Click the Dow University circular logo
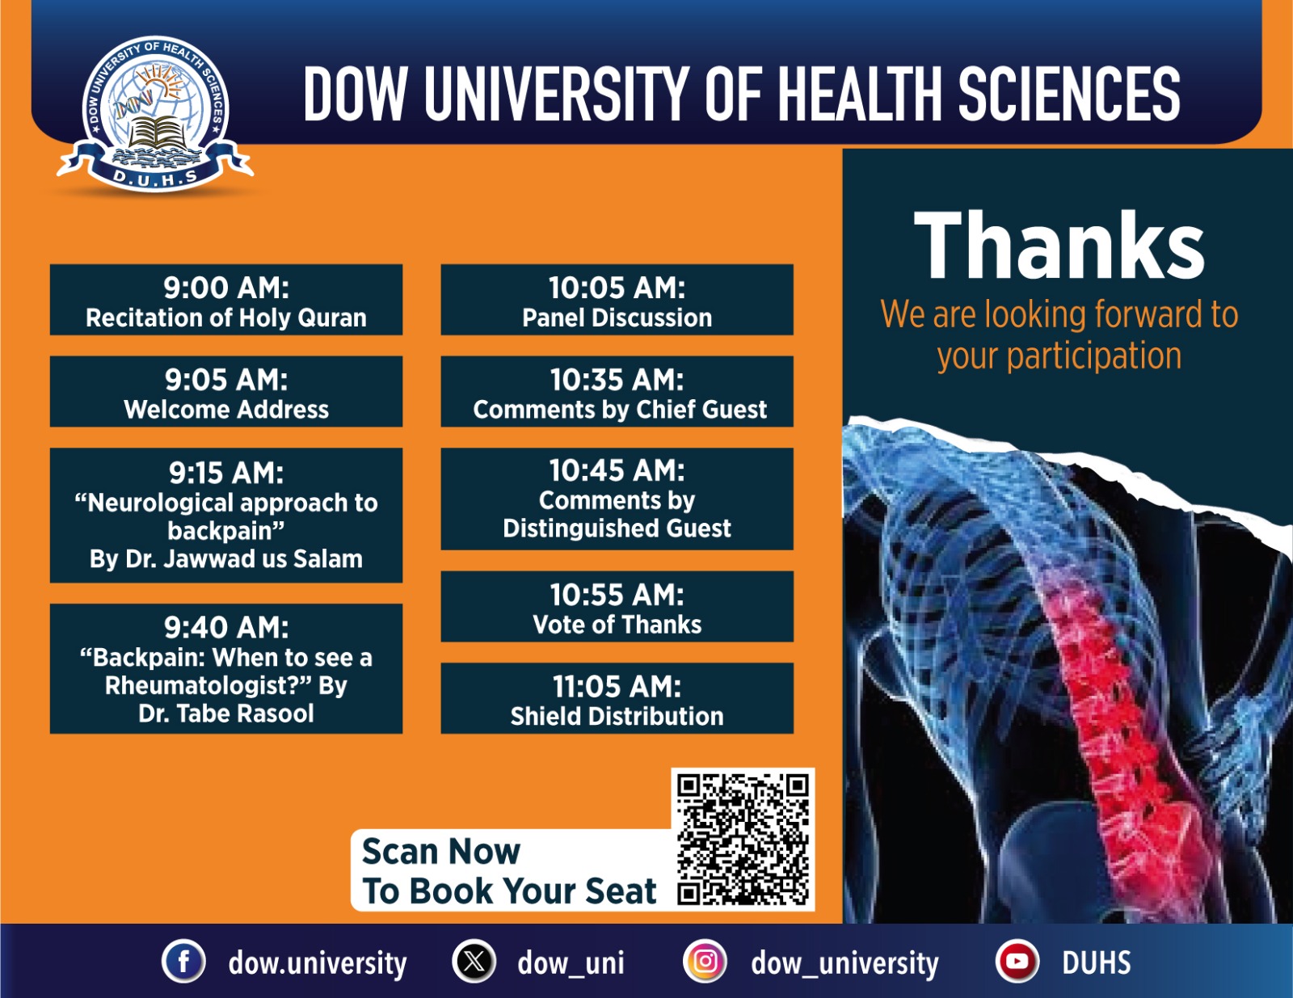[155, 113]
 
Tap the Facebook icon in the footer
[183, 962]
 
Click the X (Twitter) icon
[474, 962]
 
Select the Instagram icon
[705, 962]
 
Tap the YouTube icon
[1017, 962]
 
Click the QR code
[743, 839]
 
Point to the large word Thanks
[1059, 244]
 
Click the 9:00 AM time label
[226, 288]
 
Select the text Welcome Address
[226, 409]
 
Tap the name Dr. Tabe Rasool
[226, 713]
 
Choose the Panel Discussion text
[617, 318]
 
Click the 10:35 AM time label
[617, 380]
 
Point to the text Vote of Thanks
[617, 625]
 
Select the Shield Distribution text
[617, 716]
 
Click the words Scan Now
[441, 851]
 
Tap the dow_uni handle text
[571, 963]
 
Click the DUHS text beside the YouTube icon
[1096, 962]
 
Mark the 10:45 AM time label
[617, 470]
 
